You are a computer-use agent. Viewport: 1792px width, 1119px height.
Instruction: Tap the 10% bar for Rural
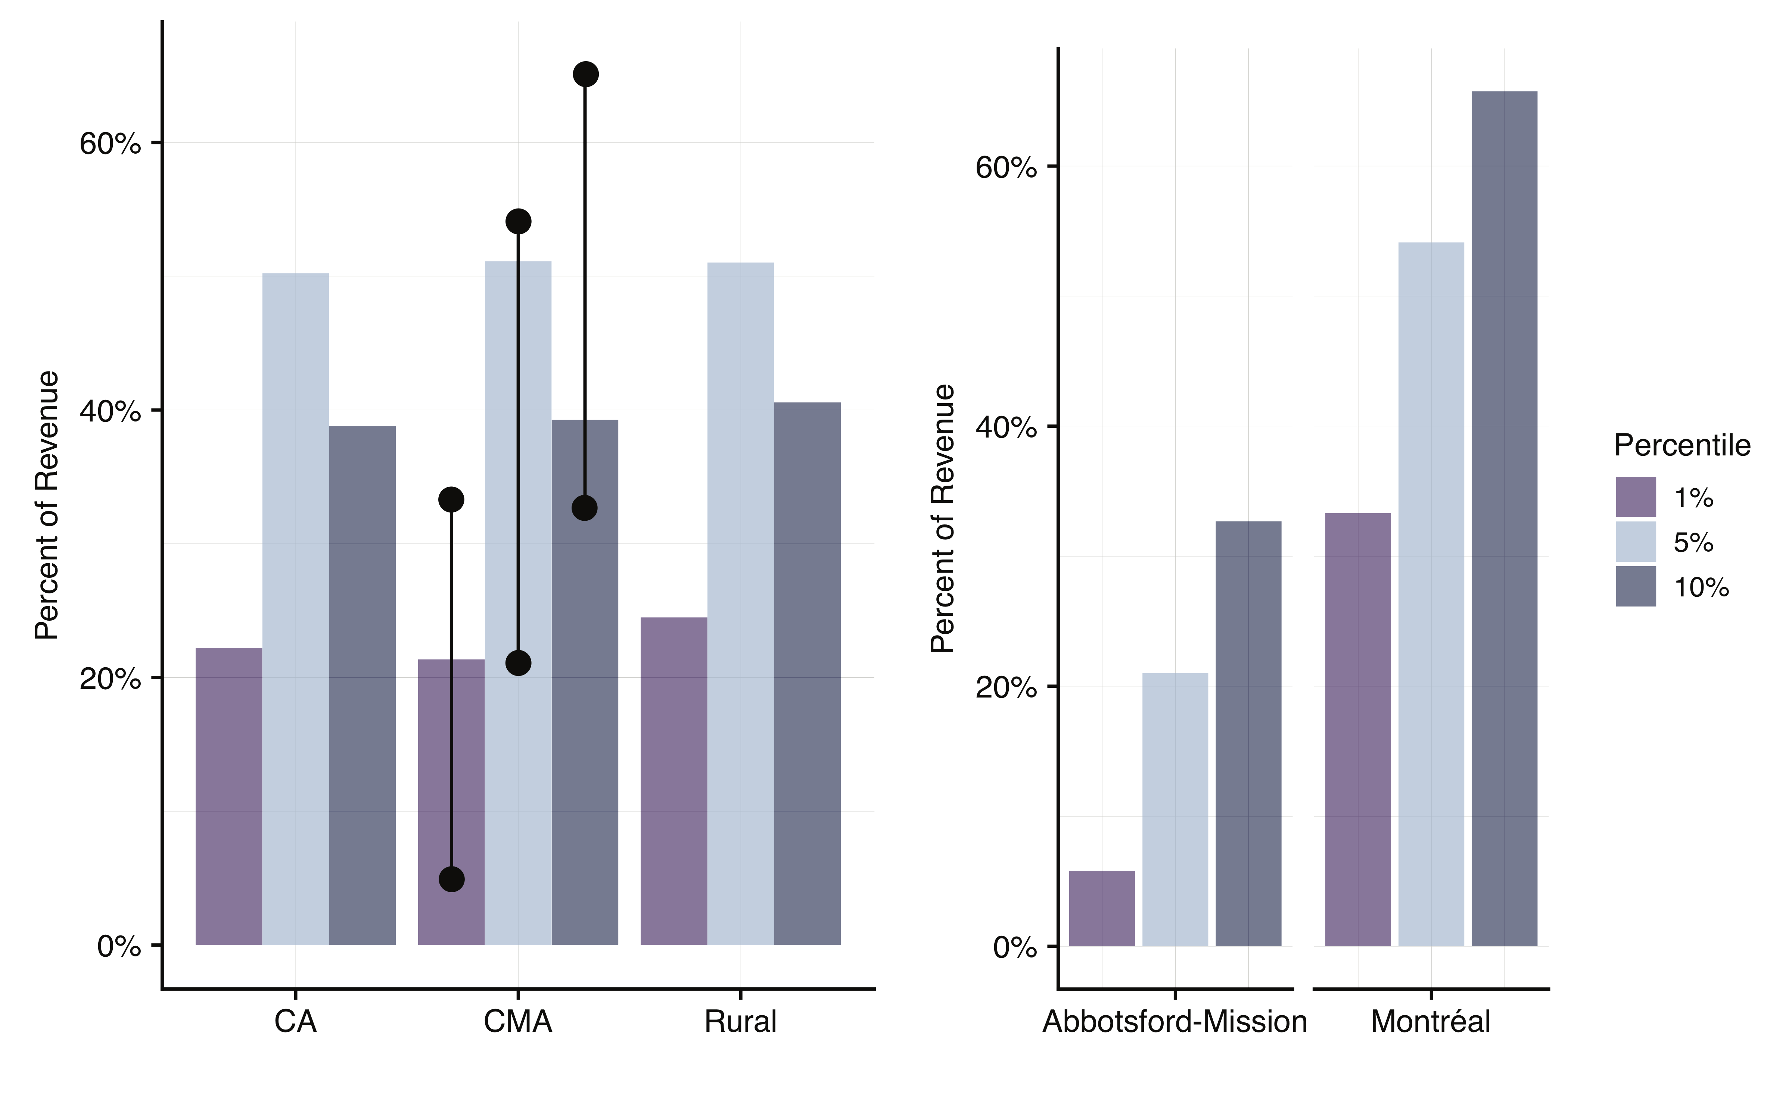807,674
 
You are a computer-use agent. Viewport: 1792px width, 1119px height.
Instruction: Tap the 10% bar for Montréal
1504,518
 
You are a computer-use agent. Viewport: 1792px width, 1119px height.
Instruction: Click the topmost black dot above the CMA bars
585,74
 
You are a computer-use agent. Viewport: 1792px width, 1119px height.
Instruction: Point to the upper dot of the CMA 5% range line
518,221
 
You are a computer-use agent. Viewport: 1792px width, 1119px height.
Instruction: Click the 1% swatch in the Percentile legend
1636,496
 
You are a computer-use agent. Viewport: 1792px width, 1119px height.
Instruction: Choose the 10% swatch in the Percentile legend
1636,587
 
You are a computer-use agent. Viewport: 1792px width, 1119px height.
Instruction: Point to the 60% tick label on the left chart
110,144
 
